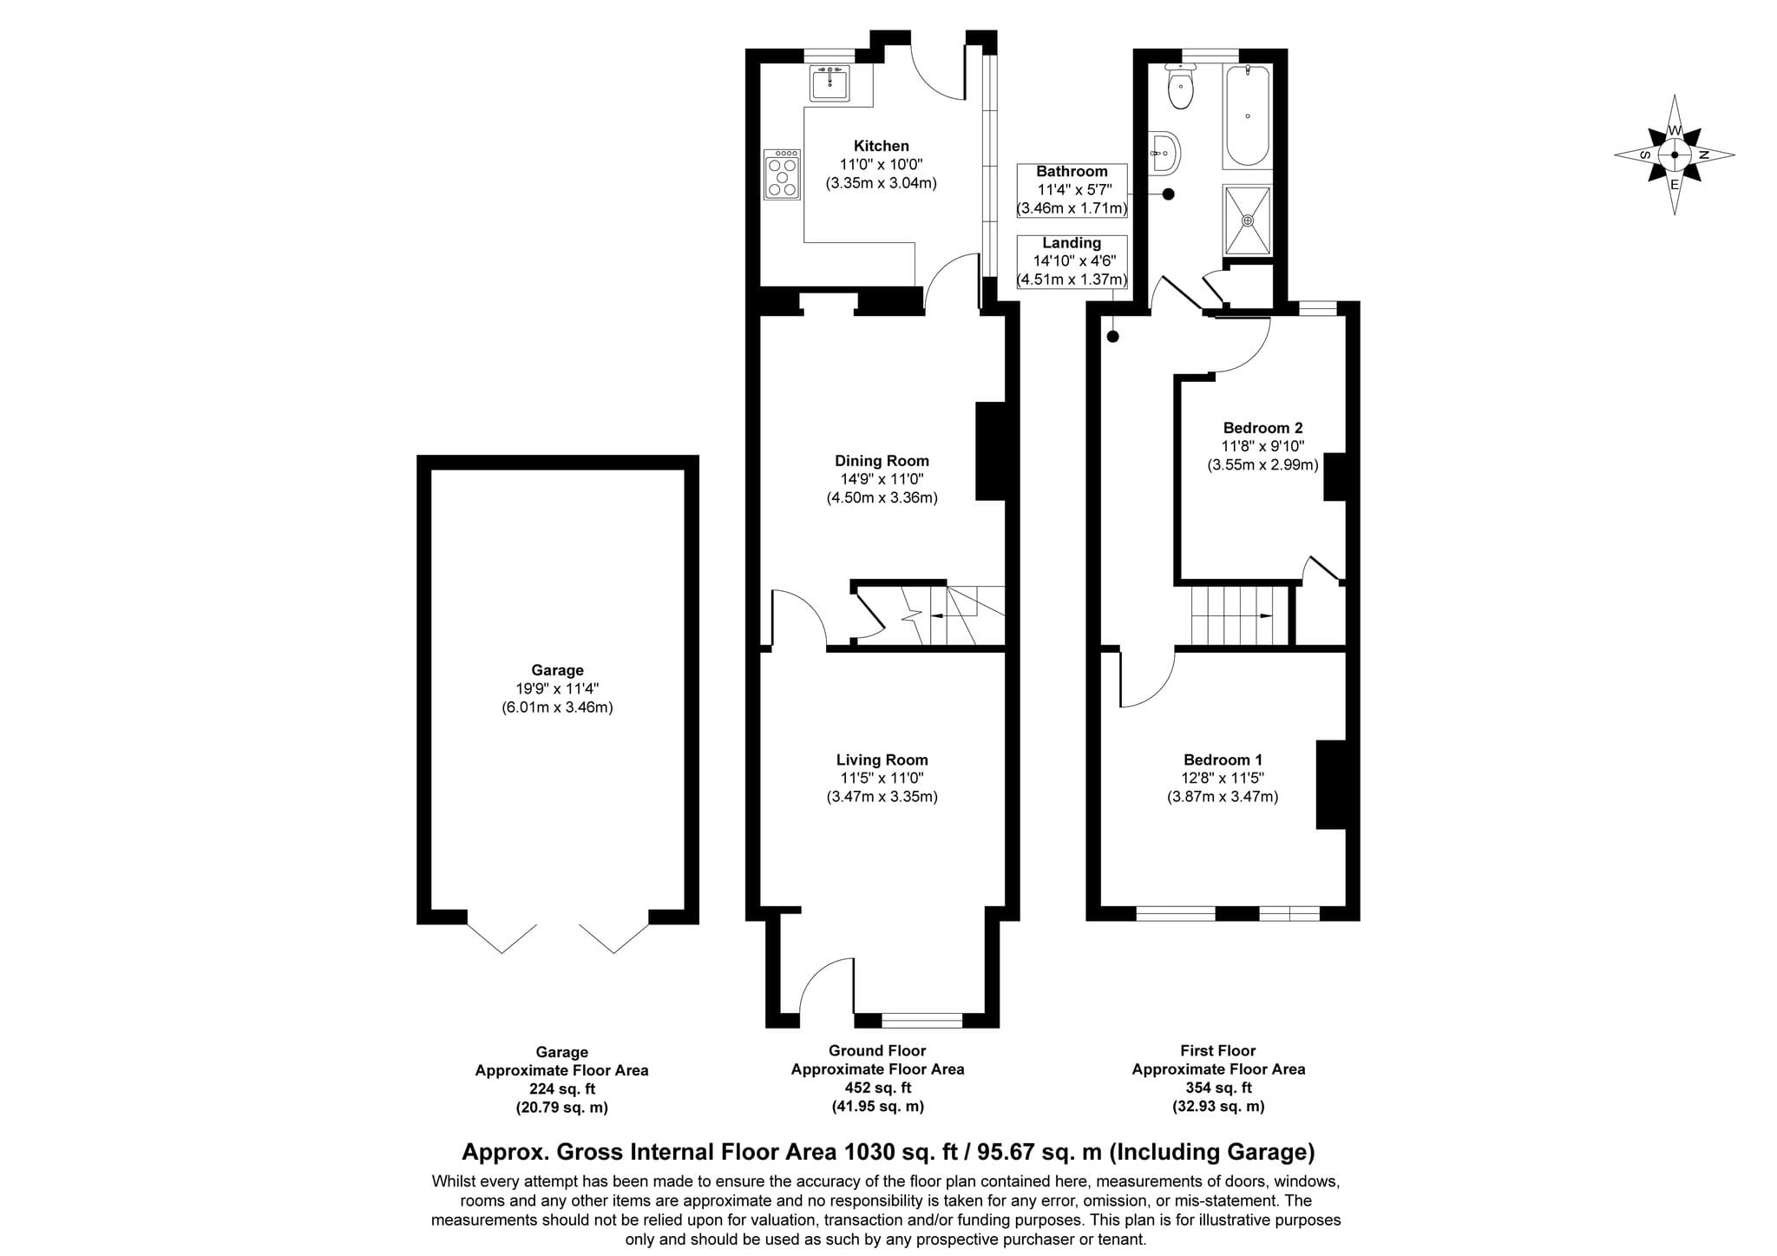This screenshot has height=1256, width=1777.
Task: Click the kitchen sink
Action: click(829, 82)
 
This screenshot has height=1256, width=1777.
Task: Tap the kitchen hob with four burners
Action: click(782, 174)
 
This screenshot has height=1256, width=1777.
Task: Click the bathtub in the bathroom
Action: click(1248, 115)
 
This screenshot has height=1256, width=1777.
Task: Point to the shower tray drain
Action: click(1248, 220)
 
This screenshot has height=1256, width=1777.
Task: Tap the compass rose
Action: click(1675, 155)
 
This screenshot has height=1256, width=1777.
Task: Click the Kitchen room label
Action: click(882, 146)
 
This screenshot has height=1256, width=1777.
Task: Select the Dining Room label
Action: click(882, 461)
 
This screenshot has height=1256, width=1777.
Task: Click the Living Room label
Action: click(882, 760)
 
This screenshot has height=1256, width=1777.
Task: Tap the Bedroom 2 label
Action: click(1262, 428)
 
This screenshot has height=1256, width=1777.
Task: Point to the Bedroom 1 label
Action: click(1223, 760)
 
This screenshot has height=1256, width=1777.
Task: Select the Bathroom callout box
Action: click(1072, 190)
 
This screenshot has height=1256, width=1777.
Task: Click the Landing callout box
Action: click(1072, 261)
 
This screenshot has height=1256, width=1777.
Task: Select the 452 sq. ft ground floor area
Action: click(878, 1088)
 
